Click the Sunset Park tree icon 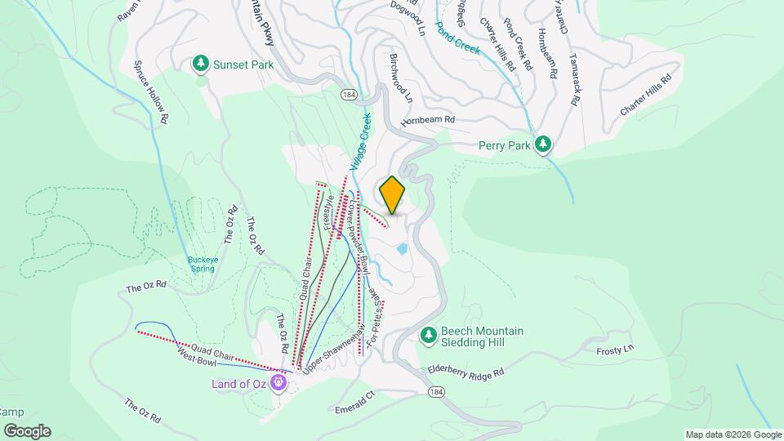pos(201,63)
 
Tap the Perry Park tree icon pos(543,145)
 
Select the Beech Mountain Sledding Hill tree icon pos(428,336)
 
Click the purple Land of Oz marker pos(280,381)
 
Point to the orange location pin pos(393,194)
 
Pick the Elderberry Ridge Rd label pos(466,372)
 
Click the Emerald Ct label pos(353,401)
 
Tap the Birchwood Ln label pos(402,78)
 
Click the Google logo pos(27,430)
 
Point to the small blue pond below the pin pos(401,248)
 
